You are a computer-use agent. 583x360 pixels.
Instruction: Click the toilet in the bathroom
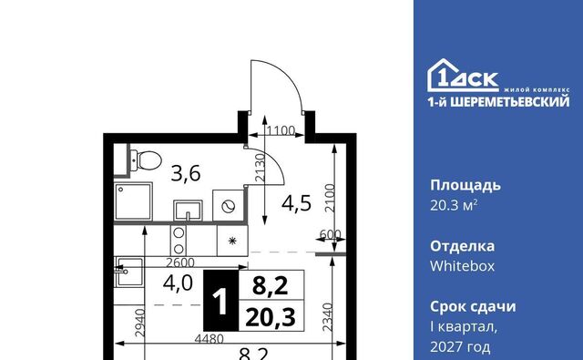(146, 160)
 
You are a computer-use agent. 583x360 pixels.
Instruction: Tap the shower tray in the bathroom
(133, 201)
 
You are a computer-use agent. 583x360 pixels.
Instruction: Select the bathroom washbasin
(188, 211)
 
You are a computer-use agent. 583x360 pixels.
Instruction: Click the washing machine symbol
(229, 206)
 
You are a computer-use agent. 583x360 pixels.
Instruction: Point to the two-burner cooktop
(179, 241)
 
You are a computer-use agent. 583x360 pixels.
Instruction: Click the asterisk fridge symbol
(232, 241)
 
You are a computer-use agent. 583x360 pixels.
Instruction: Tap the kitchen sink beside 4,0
(128, 273)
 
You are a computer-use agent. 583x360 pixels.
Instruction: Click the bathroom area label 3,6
(186, 174)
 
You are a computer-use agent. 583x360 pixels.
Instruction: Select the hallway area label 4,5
(296, 203)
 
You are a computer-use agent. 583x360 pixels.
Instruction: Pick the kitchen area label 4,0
(178, 283)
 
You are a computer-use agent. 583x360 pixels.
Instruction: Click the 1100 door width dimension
(281, 130)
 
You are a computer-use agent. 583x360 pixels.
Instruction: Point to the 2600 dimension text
(180, 262)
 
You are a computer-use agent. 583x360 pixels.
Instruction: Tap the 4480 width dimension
(210, 339)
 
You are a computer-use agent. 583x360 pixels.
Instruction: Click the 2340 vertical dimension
(327, 317)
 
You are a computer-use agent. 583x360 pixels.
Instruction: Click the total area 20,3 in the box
(271, 317)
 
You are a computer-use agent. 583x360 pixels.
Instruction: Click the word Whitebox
(462, 266)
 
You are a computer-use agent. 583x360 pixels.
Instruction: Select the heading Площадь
(465, 186)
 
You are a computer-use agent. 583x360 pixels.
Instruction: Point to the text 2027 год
(460, 347)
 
